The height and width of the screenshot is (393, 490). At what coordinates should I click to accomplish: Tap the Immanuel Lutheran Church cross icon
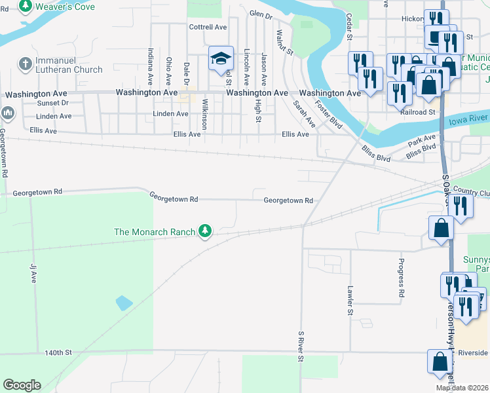(25, 64)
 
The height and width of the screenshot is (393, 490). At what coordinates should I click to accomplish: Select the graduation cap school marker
(221, 59)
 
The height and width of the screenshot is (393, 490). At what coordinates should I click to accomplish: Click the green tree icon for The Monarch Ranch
(206, 231)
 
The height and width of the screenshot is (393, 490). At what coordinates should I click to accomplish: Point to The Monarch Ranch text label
(155, 232)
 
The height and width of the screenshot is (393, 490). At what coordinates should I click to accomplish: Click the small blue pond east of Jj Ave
(124, 303)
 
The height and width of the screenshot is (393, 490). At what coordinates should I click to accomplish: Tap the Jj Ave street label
(33, 272)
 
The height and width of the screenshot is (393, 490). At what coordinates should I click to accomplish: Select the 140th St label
(58, 352)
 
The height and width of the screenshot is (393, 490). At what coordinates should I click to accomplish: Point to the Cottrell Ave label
(208, 28)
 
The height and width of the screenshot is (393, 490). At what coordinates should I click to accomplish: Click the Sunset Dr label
(52, 103)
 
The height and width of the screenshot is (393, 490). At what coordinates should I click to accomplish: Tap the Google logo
(22, 385)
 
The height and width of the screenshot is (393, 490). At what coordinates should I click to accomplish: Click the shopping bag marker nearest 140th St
(439, 361)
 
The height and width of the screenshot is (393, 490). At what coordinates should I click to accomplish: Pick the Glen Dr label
(260, 14)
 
